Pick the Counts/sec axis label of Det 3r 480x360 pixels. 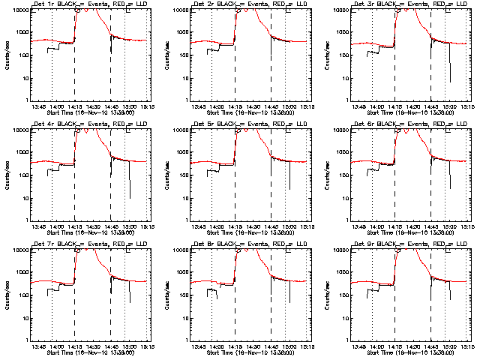click(x=328, y=54)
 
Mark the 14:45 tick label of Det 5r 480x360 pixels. click(x=271, y=226)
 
